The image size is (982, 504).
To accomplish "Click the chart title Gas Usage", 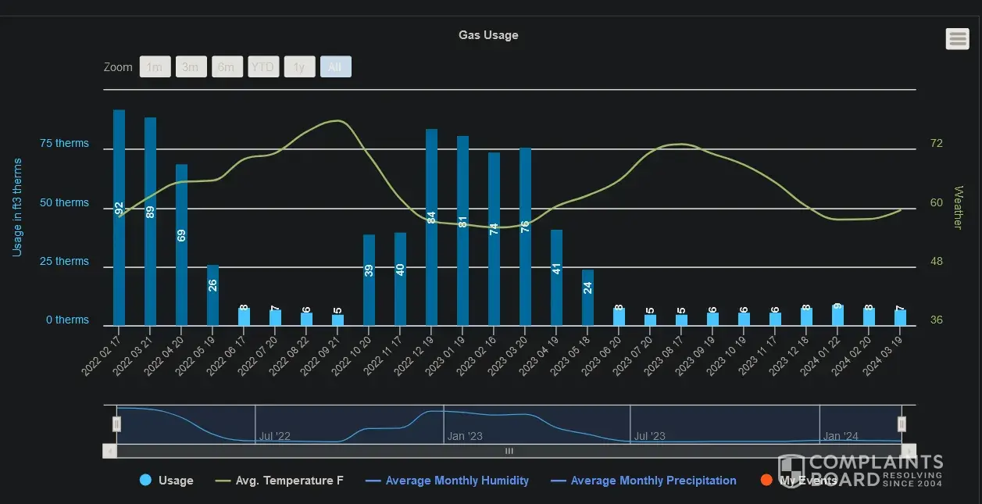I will point(488,35).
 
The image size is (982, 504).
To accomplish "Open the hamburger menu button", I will point(957,38).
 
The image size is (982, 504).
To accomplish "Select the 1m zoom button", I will point(155,67).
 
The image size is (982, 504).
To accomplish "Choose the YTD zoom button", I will point(263,67).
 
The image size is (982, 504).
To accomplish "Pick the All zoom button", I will point(335,67).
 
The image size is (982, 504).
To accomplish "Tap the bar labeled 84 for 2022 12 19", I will point(431,227).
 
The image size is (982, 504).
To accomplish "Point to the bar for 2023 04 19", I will point(556,277).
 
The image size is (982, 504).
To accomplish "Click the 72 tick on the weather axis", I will point(936,144).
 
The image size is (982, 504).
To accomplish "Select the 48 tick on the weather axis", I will point(936,261).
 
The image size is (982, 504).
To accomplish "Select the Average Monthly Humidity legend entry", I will point(456,481).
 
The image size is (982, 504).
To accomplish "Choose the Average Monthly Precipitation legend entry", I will point(653,481).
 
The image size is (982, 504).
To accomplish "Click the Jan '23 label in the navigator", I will point(465,436).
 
